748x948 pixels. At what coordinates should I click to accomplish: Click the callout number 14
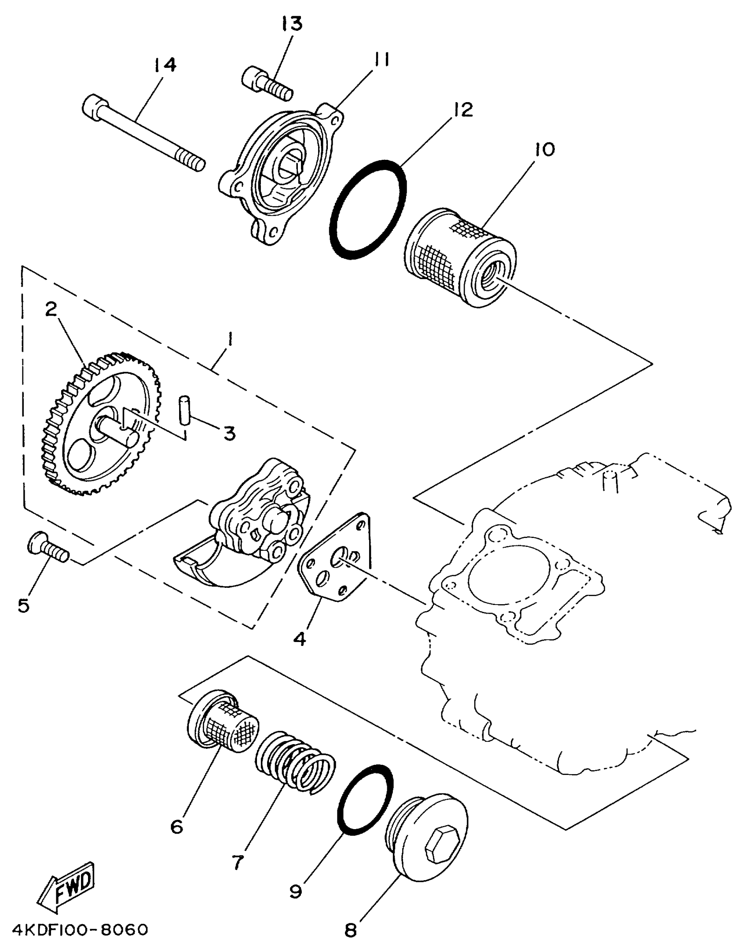click(x=165, y=65)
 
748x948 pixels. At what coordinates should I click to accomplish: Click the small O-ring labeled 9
click(x=365, y=799)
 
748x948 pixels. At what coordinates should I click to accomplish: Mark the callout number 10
click(x=545, y=150)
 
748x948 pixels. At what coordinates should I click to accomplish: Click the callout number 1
click(x=230, y=340)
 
